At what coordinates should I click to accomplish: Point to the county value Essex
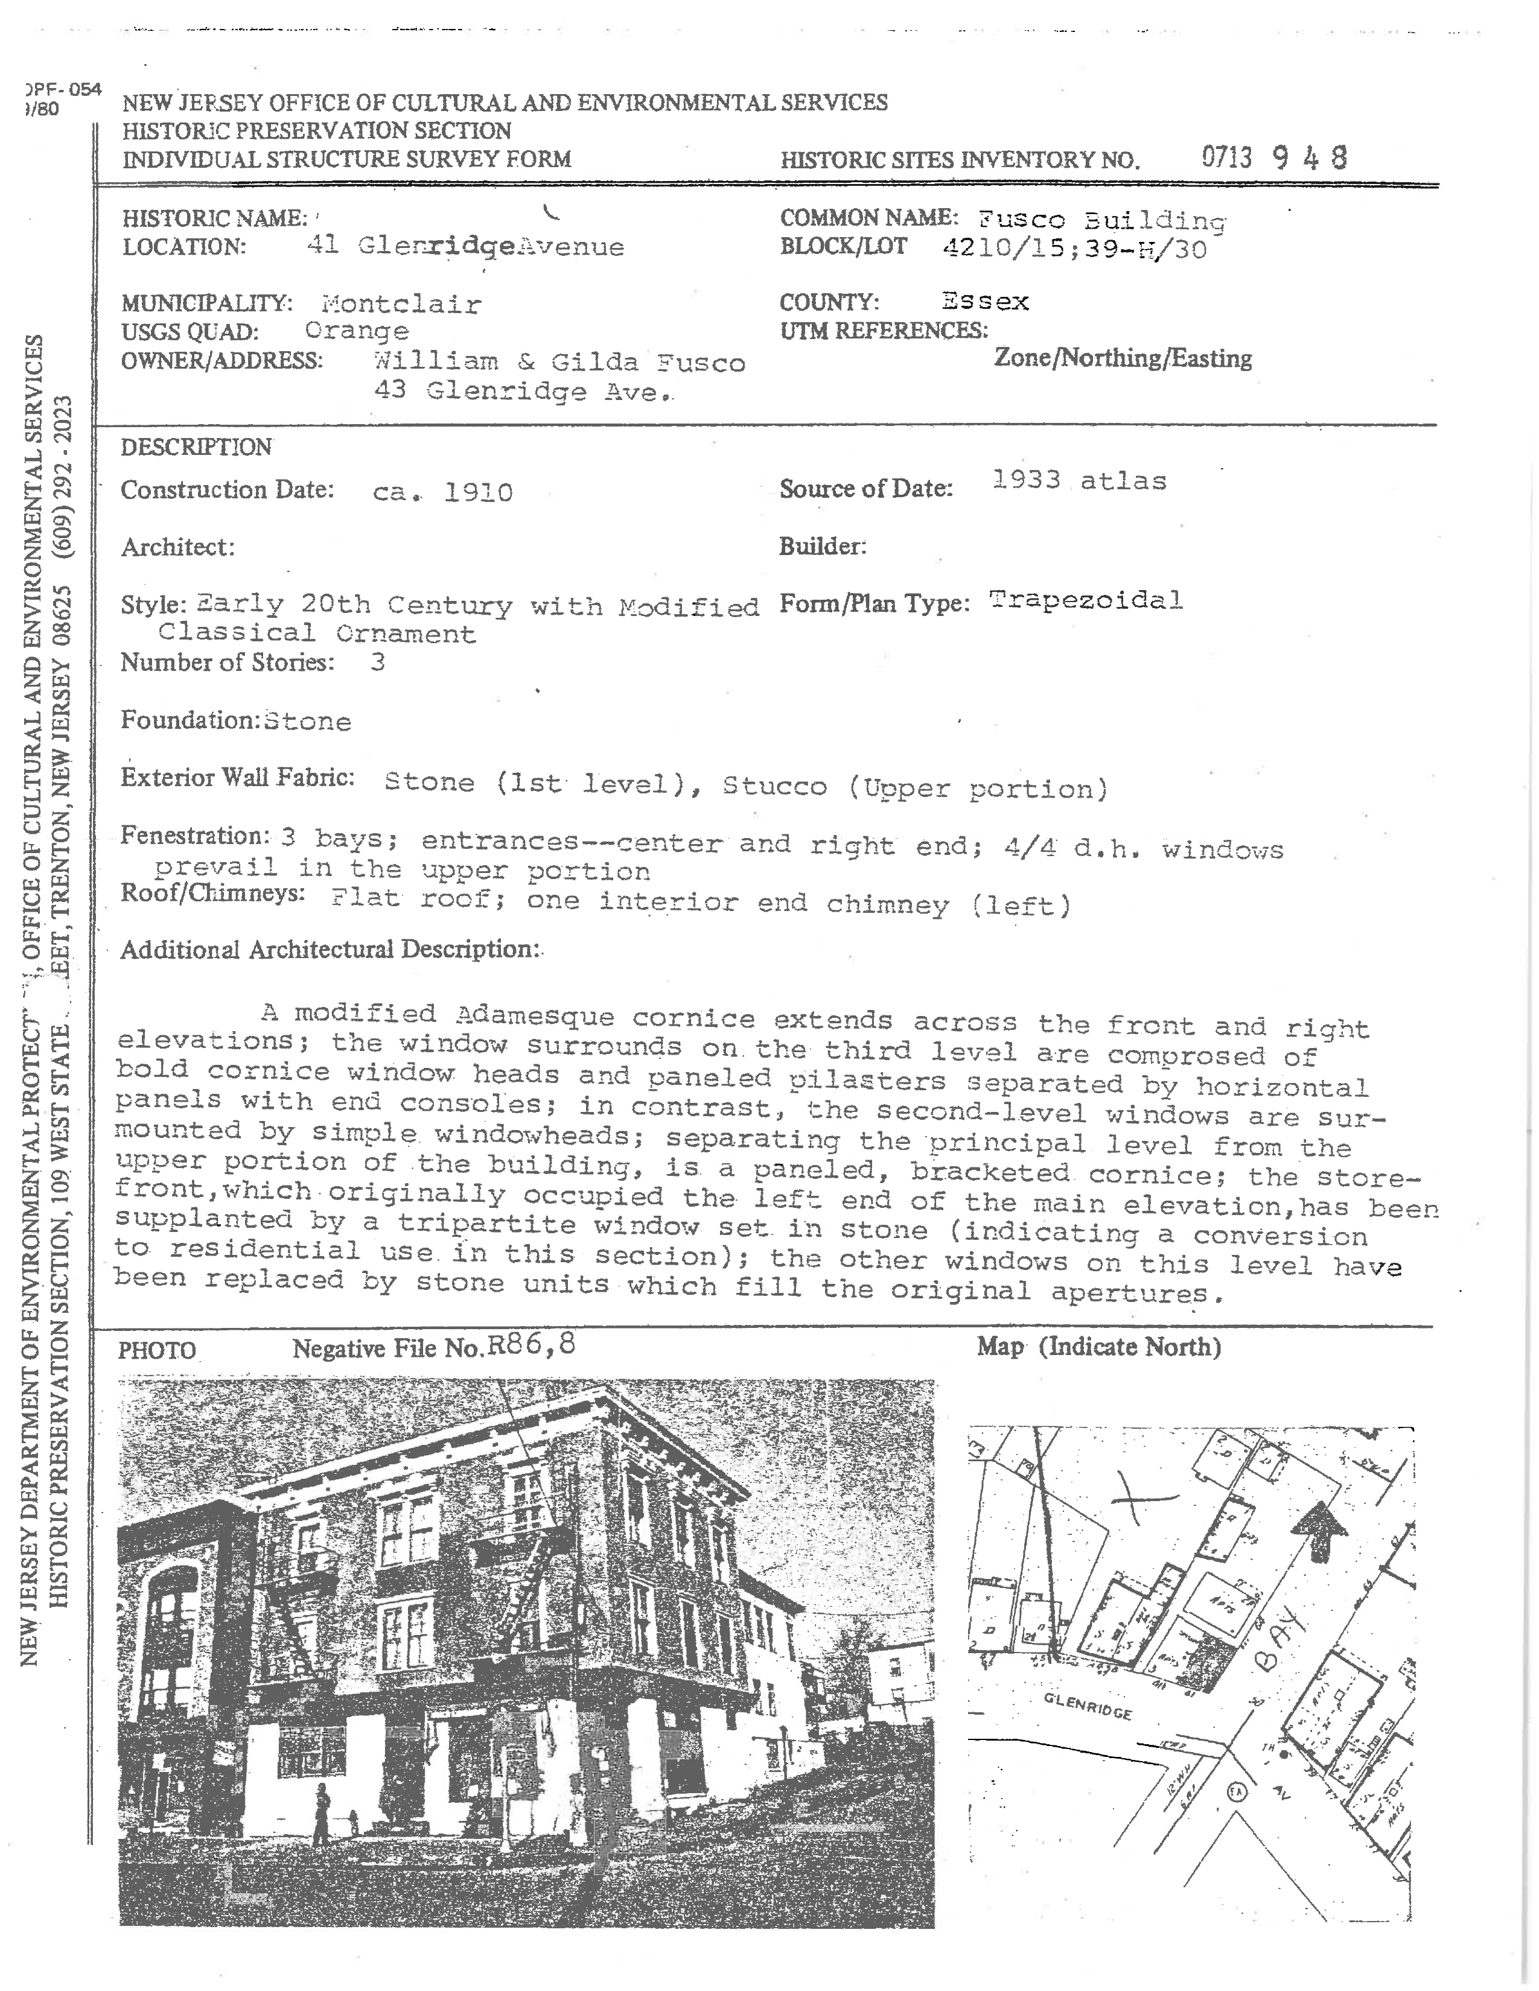pos(985,301)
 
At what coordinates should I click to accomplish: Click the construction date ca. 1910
pos(442,492)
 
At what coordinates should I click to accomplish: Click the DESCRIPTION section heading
pos(196,446)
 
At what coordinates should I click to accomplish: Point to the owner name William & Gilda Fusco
pos(559,362)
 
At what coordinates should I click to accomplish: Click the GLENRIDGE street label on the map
pos(1088,1707)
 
